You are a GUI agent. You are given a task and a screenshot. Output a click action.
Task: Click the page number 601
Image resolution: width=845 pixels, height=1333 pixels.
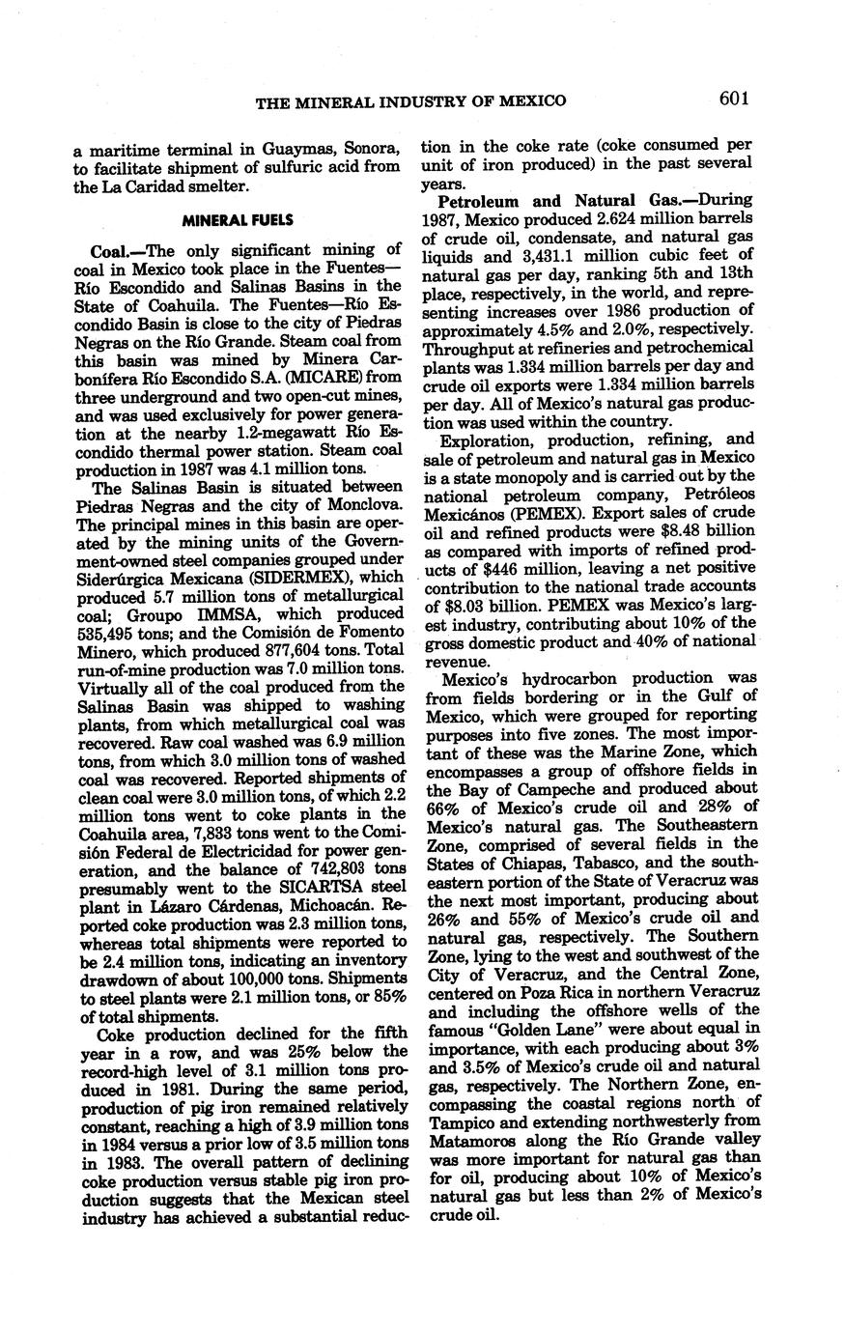[x=734, y=98]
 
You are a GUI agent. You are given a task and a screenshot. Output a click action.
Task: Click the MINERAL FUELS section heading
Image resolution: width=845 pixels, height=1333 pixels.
[x=238, y=220]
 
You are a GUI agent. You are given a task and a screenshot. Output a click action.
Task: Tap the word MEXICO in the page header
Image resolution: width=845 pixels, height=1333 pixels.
[x=532, y=100]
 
